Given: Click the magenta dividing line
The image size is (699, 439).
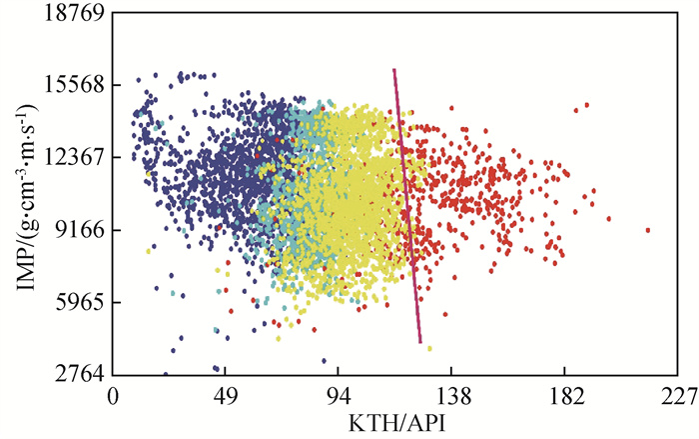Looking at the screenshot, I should [407, 205].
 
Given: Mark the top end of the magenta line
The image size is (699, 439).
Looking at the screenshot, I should [394, 70].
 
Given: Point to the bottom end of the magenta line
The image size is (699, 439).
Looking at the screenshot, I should [420, 343].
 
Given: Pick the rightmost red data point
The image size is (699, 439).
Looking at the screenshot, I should [648, 230].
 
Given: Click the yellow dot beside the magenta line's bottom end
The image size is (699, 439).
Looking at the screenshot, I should [429, 348].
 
